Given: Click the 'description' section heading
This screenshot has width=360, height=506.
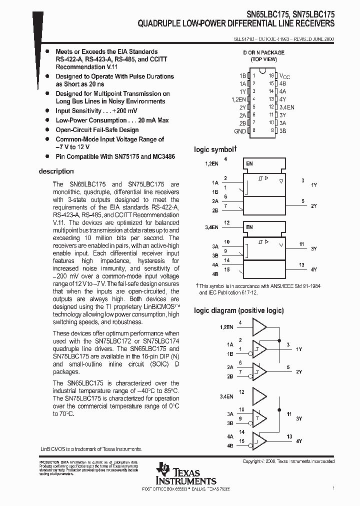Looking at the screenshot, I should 56,171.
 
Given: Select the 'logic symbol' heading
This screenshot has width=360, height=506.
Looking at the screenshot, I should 215,149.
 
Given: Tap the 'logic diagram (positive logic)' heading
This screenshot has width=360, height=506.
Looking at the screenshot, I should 238,310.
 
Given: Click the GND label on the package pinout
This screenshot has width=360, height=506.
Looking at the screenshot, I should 240,131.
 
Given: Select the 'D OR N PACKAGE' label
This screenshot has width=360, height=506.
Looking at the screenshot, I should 263,52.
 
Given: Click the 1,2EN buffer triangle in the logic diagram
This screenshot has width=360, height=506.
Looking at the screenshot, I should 259,327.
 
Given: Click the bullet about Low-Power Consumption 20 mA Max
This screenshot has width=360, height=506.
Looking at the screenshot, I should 112,120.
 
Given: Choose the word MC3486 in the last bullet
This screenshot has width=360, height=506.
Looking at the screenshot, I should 164,156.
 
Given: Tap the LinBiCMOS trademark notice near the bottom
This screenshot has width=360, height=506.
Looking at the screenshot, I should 90,449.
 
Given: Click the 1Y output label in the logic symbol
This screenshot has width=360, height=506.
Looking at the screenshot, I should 314,185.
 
